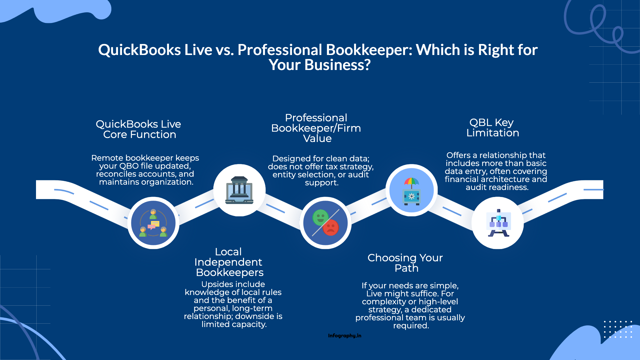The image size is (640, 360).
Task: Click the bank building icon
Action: point(239,190)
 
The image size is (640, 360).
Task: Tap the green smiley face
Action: point(320,218)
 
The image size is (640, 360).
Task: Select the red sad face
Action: point(331,228)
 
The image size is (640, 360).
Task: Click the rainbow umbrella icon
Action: point(412,182)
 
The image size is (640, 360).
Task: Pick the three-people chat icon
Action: point(153,223)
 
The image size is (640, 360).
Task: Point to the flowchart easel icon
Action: point(498,223)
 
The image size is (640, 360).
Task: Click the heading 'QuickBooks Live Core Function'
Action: point(138,129)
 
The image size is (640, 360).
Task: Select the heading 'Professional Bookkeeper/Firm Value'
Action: point(316,128)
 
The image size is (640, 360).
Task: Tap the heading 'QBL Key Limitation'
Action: point(492,128)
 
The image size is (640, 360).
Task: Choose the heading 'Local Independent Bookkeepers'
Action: point(229,262)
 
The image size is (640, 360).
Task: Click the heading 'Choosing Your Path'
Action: point(405,263)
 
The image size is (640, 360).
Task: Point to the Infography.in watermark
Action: point(344,336)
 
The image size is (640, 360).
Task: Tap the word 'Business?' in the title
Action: point(337,65)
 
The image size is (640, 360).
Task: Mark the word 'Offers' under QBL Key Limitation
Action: point(458,155)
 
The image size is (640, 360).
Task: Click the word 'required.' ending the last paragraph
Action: point(411,326)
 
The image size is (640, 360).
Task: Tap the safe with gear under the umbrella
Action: point(412,197)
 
